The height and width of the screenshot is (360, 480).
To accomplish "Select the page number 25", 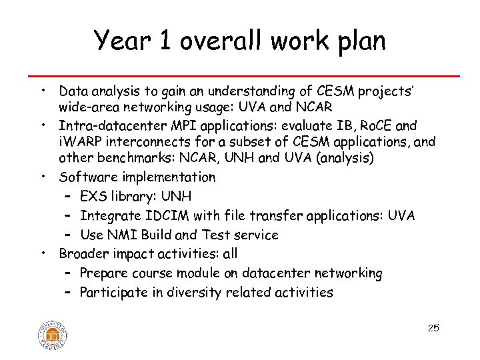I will [433, 327].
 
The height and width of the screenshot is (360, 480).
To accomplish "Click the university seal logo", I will [53, 332].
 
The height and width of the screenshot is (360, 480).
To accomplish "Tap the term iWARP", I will [79, 142].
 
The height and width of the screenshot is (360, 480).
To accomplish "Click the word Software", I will [86, 177].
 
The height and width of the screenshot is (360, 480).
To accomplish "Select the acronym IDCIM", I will [161, 215].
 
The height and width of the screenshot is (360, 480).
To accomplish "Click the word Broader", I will [83, 253].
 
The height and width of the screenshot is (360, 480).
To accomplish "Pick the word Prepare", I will [105, 273].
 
